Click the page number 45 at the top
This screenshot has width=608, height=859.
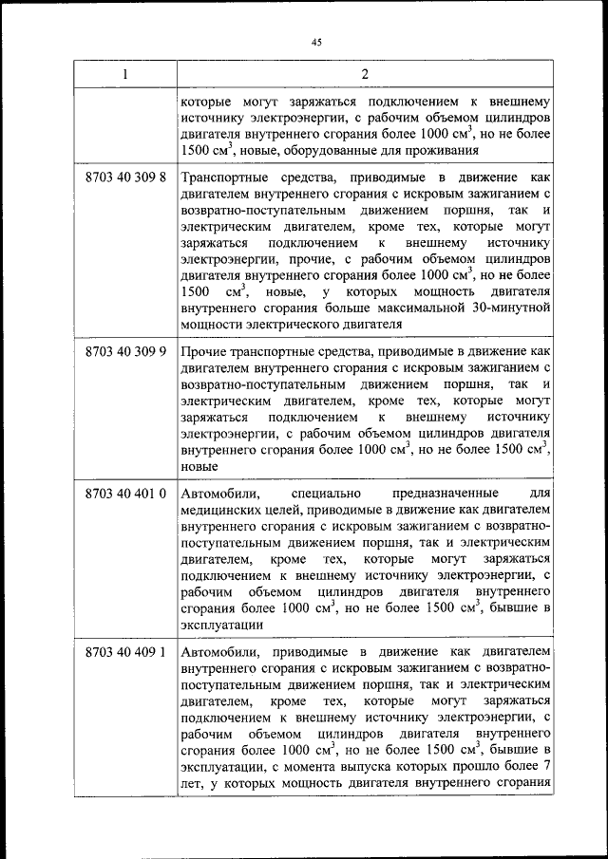tap(316, 40)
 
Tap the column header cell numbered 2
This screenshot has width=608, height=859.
tap(365, 75)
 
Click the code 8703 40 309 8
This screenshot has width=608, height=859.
tap(125, 177)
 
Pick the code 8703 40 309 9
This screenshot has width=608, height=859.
tap(125, 351)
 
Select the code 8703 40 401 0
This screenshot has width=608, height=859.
tap(125, 494)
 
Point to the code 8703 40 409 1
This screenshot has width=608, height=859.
tap(125, 653)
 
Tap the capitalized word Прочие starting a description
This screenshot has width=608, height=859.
tap(201, 351)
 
